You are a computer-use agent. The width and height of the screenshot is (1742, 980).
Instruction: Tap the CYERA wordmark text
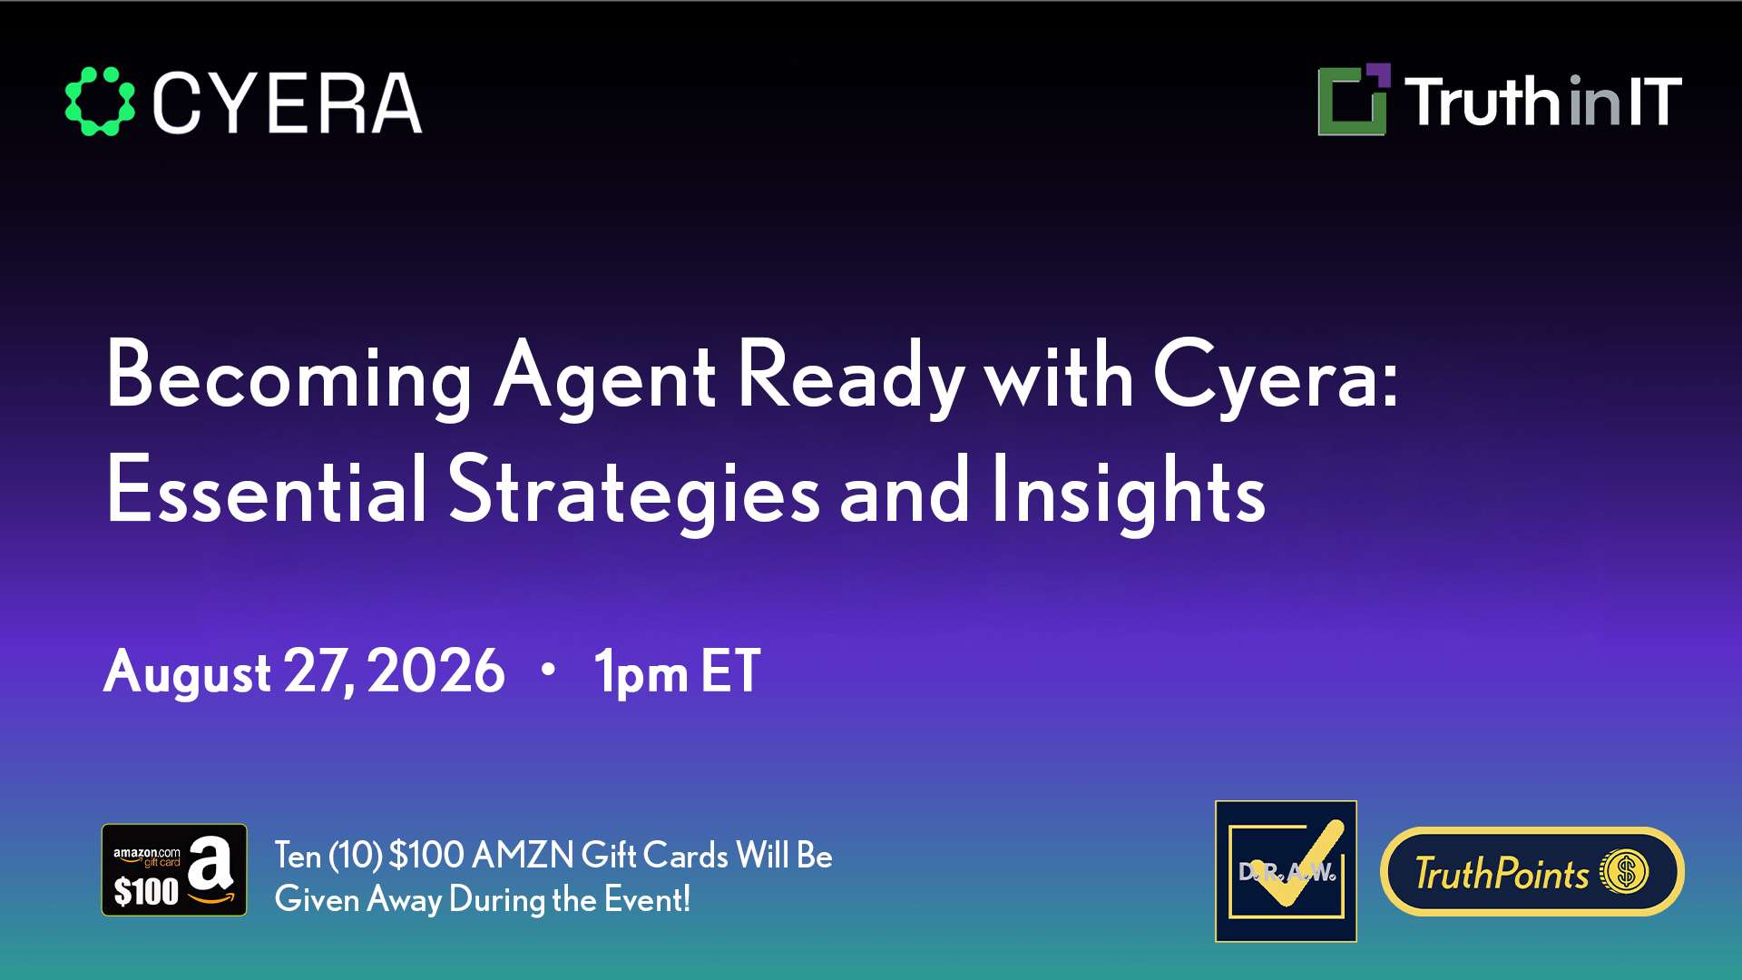(x=288, y=103)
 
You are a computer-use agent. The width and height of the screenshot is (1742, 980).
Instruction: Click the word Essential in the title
(x=267, y=490)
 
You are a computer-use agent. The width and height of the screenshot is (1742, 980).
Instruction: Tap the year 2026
(x=436, y=671)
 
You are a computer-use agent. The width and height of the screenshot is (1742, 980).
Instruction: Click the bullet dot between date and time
(x=547, y=670)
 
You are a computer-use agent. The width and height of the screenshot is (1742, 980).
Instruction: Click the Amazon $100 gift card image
(x=174, y=869)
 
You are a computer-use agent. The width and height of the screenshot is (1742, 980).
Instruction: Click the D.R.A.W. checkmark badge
(x=1286, y=871)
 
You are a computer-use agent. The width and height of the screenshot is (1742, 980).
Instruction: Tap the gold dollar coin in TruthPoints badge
(x=1624, y=872)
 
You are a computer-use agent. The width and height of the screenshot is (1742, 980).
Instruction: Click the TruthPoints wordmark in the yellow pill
(x=1502, y=873)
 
